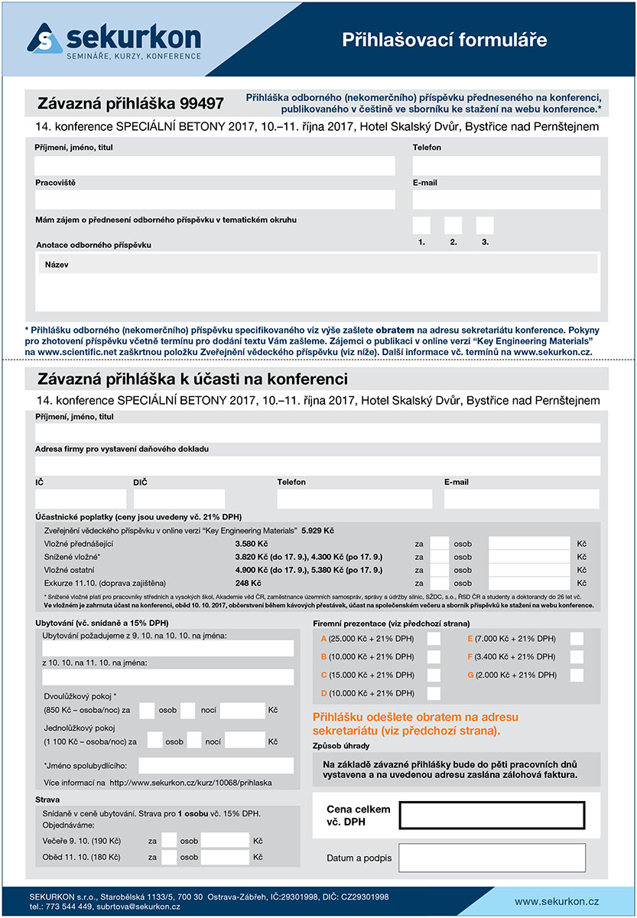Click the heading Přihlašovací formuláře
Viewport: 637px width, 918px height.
[x=444, y=40]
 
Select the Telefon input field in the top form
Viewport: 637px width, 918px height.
[x=506, y=165]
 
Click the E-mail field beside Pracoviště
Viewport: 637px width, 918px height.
[x=506, y=200]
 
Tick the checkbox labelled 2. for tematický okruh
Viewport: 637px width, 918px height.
[x=453, y=226]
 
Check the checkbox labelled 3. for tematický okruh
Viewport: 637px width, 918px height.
[x=485, y=226]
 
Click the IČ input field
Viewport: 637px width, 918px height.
[x=80, y=499]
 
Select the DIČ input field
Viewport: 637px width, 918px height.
[x=179, y=499]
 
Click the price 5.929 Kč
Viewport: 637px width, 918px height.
[x=317, y=530]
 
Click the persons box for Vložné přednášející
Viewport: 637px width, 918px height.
[x=440, y=544]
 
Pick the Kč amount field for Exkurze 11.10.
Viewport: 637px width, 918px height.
[x=529, y=583]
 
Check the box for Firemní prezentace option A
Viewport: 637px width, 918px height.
[x=434, y=639]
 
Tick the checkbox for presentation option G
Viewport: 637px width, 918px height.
[x=577, y=675]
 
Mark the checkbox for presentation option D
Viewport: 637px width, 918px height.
[x=434, y=694]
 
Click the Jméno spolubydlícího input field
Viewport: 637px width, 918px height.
[x=216, y=765]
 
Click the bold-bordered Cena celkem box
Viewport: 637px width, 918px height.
[x=492, y=815]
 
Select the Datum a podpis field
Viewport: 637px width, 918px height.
[x=492, y=858]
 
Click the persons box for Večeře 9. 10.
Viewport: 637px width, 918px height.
[x=169, y=840]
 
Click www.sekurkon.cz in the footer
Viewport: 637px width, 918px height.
[x=556, y=902]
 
